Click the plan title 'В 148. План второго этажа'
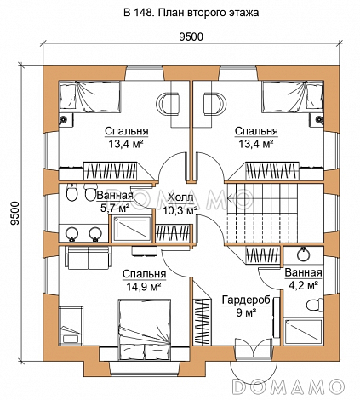(x=191, y=13)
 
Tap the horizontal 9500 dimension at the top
(x=191, y=37)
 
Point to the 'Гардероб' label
(x=246, y=300)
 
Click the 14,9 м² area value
(x=144, y=287)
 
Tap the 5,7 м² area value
(x=115, y=209)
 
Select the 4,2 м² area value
(x=303, y=285)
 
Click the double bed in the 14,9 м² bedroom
(x=145, y=329)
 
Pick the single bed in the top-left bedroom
(x=90, y=95)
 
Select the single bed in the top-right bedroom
(x=293, y=95)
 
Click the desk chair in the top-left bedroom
(x=169, y=103)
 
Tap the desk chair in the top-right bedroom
(x=214, y=103)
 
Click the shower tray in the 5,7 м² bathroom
(x=132, y=229)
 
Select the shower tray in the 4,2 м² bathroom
(x=303, y=332)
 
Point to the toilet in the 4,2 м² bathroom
(x=315, y=305)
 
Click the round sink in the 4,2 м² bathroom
(x=304, y=254)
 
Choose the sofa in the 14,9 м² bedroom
(x=88, y=258)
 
